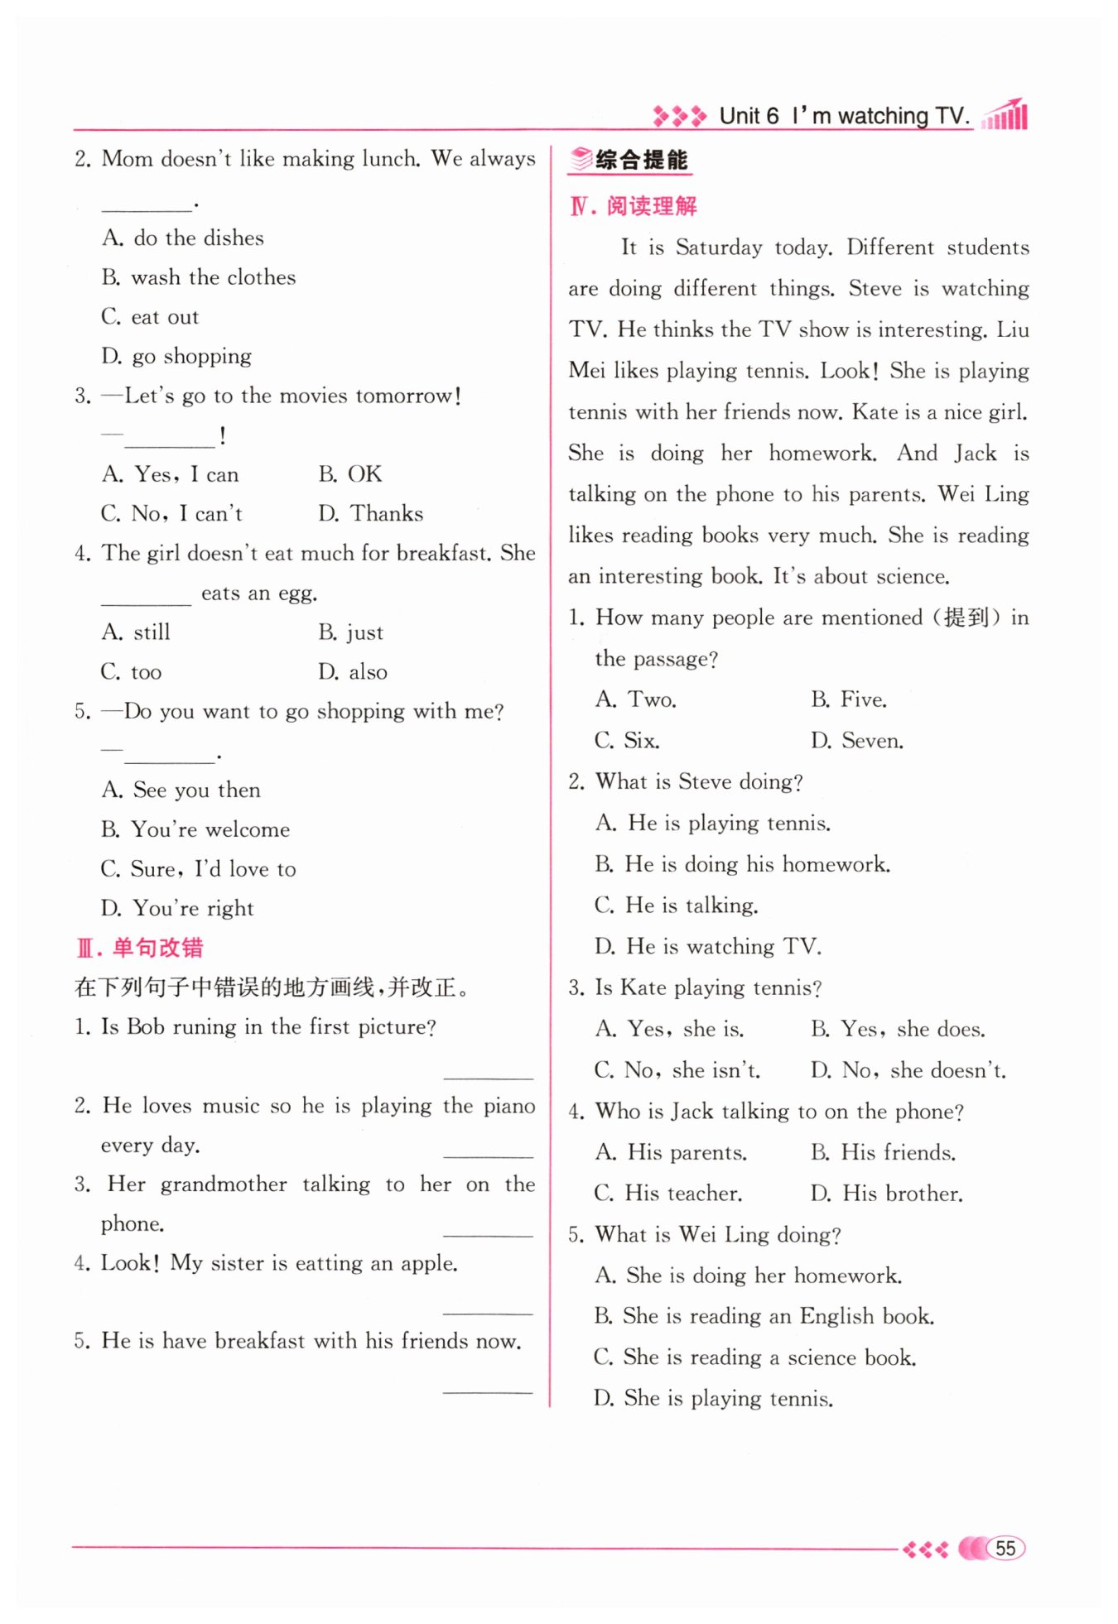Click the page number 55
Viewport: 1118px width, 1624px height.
[1005, 1548]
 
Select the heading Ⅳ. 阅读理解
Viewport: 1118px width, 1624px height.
[634, 206]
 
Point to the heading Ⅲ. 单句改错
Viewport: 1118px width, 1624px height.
[140, 948]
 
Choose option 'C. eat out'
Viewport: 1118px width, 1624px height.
[150, 317]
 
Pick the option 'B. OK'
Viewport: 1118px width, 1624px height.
[350, 474]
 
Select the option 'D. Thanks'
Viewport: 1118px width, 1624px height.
[370, 514]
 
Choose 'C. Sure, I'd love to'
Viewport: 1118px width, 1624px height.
[198, 869]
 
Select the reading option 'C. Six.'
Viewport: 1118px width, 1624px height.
[627, 741]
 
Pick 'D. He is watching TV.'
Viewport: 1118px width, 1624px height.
[707, 946]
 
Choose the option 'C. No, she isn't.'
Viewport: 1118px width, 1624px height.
[677, 1070]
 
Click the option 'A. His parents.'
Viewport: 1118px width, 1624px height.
[671, 1152]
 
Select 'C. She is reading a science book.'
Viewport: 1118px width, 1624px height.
[754, 1357]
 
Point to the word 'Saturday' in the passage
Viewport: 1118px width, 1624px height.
[718, 247]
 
